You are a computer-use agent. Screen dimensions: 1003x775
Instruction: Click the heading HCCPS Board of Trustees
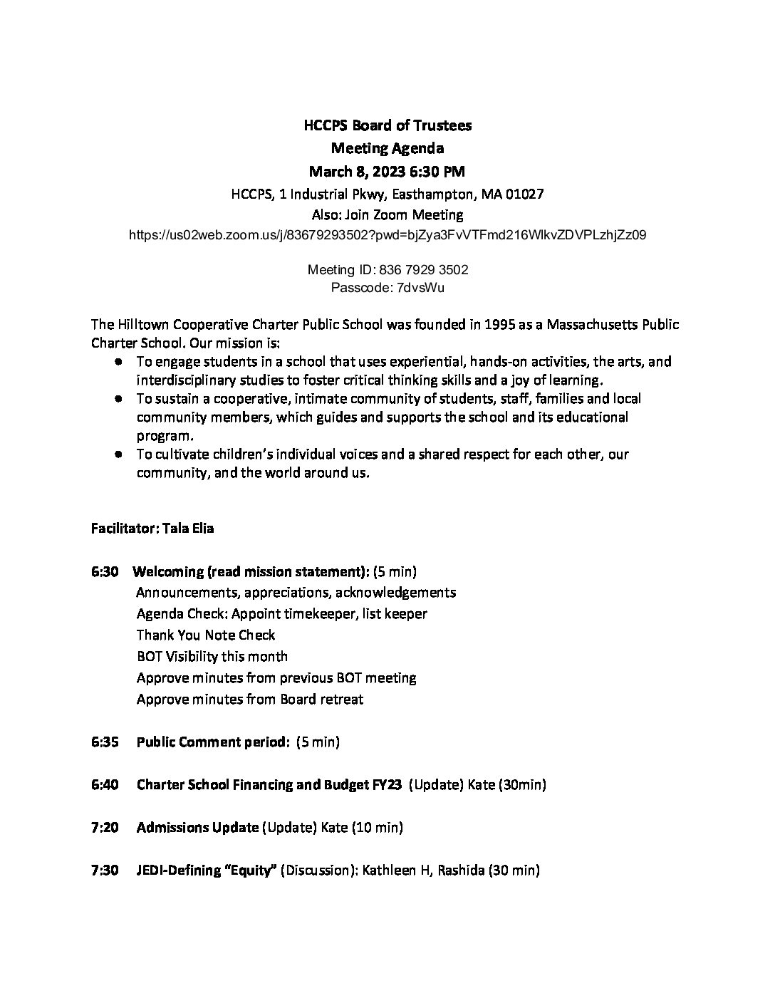pos(387,126)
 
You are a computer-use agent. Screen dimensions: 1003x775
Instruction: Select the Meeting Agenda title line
pos(387,148)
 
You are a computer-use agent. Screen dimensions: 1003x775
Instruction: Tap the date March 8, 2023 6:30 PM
pos(387,171)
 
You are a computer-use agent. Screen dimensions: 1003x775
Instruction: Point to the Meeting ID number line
pos(387,270)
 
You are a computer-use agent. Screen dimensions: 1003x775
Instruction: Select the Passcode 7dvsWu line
pos(387,288)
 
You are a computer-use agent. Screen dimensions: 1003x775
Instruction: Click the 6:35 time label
pos(105,742)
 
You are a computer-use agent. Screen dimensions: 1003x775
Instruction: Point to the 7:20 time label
pos(105,828)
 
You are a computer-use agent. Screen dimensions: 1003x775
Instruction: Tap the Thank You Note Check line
pos(205,635)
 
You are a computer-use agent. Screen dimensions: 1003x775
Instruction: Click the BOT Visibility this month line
pos(212,657)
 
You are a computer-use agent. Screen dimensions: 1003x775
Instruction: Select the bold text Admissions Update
pos(197,828)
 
